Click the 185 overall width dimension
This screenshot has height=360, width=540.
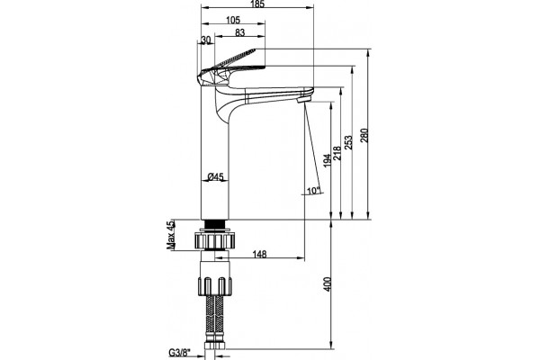click(x=257, y=4)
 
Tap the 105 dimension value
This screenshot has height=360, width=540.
click(x=233, y=20)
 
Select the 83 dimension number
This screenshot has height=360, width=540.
click(x=239, y=32)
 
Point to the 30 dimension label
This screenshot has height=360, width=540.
click(x=205, y=40)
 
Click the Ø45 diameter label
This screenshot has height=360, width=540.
click(x=216, y=176)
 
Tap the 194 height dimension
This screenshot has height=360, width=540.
click(x=328, y=160)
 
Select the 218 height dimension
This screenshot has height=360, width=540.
click(x=337, y=153)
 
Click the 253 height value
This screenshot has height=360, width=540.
click(x=348, y=142)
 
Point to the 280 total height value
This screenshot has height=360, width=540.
click(x=364, y=135)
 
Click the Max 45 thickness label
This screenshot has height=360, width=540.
click(x=171, y=235)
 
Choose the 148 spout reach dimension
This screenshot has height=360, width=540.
click(x=260, y=254)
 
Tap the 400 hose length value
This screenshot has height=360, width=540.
click(x=328, y=284)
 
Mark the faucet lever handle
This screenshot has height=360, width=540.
click(x=231, y=67)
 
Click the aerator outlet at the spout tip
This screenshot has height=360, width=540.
click(x=303, y=100)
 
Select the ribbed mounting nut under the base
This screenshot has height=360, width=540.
click(x=215, y=239)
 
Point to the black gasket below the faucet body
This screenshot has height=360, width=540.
click(x=215, y=224)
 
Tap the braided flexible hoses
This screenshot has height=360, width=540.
click(x=214, y=317)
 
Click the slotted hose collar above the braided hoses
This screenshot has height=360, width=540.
click(x=214, y=285)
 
